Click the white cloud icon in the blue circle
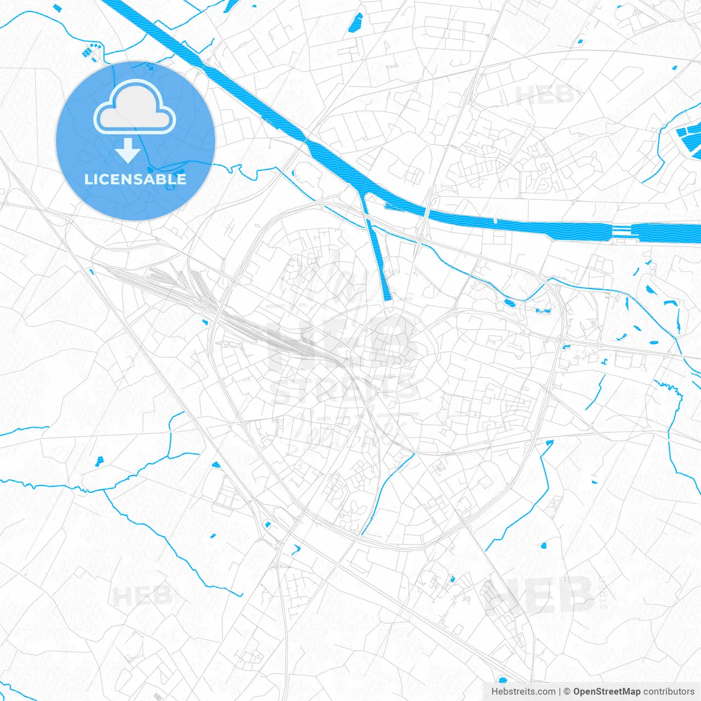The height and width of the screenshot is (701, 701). click(135, 107)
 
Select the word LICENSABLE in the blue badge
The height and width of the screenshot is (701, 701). click(135, 179)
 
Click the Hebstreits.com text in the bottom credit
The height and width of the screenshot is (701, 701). click(523, 692)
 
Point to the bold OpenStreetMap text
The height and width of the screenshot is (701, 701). click(607, 692)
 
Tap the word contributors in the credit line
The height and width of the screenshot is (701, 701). click(669, 692)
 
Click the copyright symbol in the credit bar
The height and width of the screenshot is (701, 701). click(567, 692)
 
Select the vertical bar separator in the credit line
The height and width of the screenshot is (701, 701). click(560, 692)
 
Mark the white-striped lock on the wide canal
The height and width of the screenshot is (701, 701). click(620, 231)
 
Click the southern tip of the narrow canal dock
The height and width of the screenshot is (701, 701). click(388, 297)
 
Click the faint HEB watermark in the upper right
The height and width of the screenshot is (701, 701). click(545, 96)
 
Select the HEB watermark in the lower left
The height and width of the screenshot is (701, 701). click(142, 596)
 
